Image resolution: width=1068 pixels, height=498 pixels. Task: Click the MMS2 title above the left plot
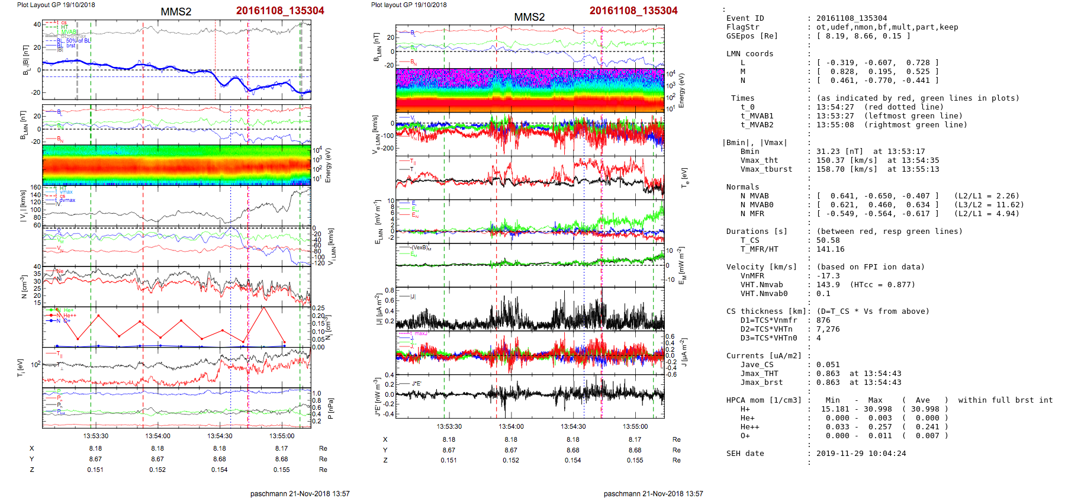(x=176, y=12)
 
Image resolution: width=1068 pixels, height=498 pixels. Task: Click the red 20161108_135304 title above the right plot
(x=633, y=11)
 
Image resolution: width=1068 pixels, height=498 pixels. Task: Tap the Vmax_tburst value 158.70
(x=830, y=169)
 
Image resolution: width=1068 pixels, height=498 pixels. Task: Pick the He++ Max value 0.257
(x=875, y=427)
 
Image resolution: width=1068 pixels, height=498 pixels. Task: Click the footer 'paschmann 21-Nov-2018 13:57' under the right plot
(x=653, y=493)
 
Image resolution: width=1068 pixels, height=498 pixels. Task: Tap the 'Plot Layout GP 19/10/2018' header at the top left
(x=56, y=5)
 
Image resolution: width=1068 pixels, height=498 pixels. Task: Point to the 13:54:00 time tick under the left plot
(x=157, y=436)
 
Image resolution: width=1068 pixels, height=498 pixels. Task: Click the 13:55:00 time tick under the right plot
(x=635, y=426)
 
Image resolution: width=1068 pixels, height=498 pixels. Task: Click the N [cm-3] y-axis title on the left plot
(x=23, y=287)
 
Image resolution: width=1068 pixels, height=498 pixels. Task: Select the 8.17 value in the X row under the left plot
(x=281, y=448)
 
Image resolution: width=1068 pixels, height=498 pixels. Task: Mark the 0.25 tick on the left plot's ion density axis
(x=318, y=308)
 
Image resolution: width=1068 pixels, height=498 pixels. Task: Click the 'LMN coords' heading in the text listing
(x=749, y=54)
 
